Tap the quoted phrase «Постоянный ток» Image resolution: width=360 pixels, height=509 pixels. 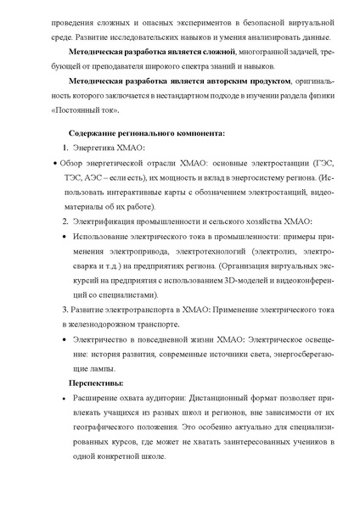[81, 112]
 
